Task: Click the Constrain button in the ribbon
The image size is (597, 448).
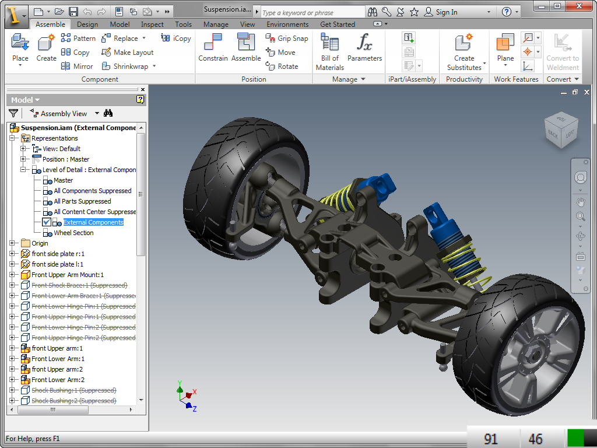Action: point(213,48)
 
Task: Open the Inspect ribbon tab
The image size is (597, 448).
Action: point(152,24)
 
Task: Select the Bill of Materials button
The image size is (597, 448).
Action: point(330,51)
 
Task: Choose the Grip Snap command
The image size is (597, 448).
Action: point(287,38)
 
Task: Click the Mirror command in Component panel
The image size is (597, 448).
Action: point(78,66)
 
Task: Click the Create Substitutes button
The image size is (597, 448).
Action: point(464,51)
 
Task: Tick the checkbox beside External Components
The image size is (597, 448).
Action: point(47,222)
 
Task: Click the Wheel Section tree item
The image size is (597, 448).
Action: point(73,233)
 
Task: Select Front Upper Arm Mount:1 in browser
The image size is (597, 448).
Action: point(68,275)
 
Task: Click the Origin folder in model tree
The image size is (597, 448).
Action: point(40,243)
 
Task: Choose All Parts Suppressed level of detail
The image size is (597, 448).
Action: point(82,201)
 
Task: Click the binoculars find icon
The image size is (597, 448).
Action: point(108,113)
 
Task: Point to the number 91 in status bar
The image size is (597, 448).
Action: point(490,439)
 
